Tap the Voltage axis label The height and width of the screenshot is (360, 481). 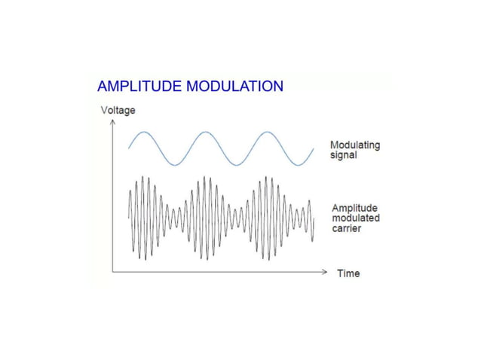tap(118, 111)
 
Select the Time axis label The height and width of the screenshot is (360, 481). tap(348, 273)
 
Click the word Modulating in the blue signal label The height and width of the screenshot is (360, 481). tap(355, 145)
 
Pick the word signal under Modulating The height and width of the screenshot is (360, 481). tap(344, 155)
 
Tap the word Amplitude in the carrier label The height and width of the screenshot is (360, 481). tap(355, 208)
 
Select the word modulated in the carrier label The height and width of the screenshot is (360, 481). tap(356, 218)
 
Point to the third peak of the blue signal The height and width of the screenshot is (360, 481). tap(266, 133)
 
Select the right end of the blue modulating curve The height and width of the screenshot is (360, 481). tap(313, 148)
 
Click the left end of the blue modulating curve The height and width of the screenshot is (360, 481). tap(129, 148)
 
